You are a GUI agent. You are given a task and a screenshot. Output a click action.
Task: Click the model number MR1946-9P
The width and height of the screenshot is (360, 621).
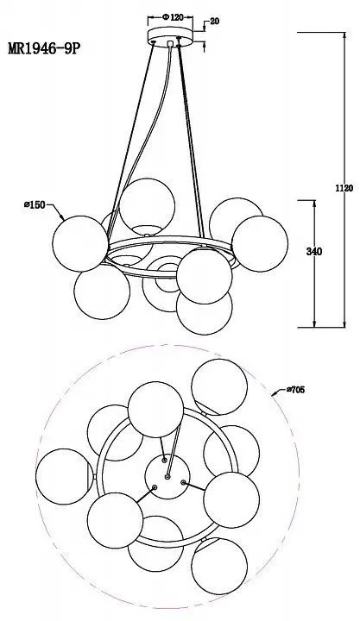click(44, 48)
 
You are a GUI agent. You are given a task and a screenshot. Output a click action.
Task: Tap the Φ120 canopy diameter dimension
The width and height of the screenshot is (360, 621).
click(173, 17)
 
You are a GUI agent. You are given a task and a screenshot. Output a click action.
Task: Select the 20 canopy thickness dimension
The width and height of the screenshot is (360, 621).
click(214, 22)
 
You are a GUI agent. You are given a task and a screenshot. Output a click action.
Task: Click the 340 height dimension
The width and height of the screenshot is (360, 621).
click(314, 252)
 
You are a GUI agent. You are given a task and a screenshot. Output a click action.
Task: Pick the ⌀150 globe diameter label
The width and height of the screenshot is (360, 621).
click(35, 204)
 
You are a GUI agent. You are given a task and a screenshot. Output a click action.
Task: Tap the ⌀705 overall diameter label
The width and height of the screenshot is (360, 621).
click(295, 390)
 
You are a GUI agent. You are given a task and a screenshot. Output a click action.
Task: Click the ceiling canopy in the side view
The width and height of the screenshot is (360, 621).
click(170, 38)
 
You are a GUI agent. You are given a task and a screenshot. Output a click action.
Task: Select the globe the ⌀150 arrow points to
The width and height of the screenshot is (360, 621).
click(80, 243)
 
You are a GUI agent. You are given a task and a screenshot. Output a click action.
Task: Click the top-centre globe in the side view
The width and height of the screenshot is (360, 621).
click(147, 206)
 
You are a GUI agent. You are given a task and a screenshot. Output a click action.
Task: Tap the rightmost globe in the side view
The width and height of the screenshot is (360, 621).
click(260, 243)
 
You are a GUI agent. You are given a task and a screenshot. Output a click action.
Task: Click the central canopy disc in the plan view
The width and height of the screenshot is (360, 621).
click(167, 476)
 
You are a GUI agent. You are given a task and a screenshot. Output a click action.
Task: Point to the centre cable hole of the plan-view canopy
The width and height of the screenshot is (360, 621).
click(167, 476)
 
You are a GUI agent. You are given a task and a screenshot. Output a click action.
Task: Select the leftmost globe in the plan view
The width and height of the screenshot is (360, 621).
click(64, 476)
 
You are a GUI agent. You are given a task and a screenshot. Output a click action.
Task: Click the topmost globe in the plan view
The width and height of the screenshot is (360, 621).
click(219, 387)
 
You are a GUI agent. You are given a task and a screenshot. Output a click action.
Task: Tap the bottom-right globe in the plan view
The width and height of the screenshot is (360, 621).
click(219, 567)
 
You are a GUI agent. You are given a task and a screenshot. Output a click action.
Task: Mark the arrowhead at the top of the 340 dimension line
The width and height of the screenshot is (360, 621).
click(315, 204)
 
